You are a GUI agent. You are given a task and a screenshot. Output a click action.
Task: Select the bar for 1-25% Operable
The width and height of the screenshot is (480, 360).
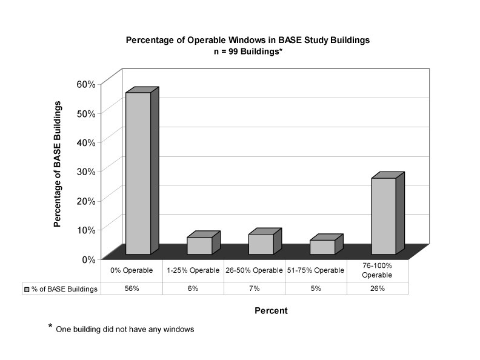click(203, 244)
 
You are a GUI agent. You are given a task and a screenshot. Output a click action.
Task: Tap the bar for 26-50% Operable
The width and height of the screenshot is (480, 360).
click(265, 242)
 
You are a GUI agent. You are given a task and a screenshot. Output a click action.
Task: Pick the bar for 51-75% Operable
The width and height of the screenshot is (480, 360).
click(326, 245)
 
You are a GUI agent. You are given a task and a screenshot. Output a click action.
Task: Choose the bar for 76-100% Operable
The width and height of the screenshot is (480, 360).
click(388, 214)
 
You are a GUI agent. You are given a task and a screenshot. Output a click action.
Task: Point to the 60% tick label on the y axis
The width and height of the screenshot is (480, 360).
click(86, 84)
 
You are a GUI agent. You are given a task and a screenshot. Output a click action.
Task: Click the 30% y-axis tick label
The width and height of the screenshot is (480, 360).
click(86, 172)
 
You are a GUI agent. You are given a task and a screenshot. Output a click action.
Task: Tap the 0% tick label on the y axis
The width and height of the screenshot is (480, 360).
click(88, 259)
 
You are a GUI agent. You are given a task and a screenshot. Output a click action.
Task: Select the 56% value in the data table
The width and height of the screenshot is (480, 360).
click(132, 288)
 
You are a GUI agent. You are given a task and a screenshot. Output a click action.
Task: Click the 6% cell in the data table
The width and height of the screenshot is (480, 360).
click(193, 288)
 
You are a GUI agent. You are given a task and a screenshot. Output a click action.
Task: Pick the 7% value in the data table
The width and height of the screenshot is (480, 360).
click(255, 288)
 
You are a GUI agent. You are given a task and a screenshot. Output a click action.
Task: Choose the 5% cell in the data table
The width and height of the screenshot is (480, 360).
click(316, 288)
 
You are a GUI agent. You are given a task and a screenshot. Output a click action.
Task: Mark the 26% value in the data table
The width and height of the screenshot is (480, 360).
click(378, 288)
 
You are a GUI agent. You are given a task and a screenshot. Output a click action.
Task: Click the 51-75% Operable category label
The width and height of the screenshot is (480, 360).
click(316, 270)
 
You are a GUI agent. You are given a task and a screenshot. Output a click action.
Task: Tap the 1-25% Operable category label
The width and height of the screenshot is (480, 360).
click(193, 270)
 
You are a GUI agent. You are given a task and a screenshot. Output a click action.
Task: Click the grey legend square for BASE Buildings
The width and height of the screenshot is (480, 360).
click(27, 289)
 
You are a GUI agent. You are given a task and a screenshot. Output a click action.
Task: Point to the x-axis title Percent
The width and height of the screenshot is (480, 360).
click(271, 311)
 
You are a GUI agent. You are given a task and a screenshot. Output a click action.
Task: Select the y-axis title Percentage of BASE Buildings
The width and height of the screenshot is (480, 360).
click(57, 164)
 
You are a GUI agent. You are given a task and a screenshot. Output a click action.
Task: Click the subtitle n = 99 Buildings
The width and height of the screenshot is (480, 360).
click(248, 51)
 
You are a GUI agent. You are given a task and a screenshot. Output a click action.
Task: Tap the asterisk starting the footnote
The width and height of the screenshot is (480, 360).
click(50, 325)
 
